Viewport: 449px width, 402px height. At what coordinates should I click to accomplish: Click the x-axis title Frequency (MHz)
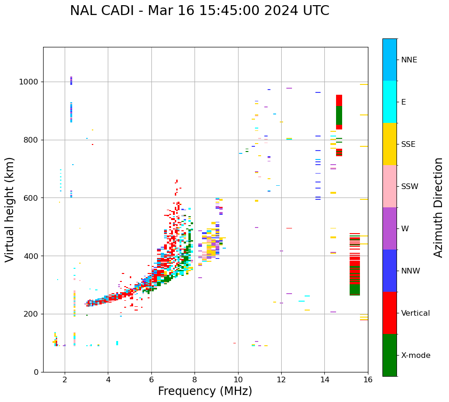tap(205, 391)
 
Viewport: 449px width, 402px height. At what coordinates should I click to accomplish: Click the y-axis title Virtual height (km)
tap(10, 210)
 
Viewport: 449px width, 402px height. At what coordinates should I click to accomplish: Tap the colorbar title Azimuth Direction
tap(439, 207)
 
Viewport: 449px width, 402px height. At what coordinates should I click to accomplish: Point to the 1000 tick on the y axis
tap(31, 82)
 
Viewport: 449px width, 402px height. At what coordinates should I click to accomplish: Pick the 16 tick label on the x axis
tap(368, 380)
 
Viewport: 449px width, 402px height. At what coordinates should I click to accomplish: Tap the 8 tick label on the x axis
tap(195, 380)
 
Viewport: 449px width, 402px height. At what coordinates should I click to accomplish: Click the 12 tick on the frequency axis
tap(281, 380)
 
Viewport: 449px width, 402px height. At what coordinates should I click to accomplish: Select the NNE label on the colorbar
tap(409, 60)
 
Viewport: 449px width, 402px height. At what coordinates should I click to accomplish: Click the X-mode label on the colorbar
tap(416, 356)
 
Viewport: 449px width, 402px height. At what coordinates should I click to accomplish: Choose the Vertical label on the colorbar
tap(416, 313)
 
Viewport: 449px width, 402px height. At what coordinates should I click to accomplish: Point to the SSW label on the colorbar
tap(410, 187)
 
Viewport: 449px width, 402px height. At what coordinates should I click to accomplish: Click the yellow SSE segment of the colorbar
tap(389, 144)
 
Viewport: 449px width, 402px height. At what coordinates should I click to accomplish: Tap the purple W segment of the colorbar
tap(389, 228)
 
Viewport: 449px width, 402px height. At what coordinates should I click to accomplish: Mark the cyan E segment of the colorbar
tap(389, 102)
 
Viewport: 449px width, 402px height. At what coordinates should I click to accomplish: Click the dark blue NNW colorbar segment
tap(389, 271)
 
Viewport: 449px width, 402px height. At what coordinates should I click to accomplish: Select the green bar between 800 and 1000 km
tap(339, 115)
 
